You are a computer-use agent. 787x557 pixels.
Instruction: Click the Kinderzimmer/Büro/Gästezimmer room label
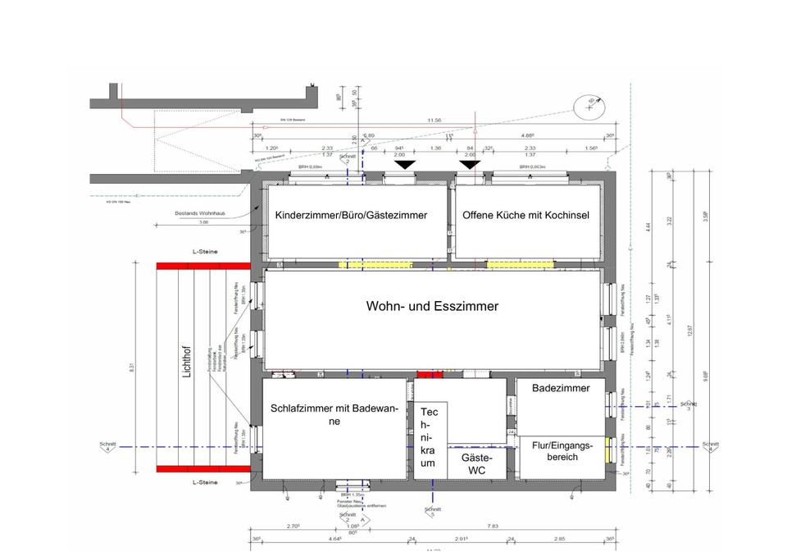coord(351,216)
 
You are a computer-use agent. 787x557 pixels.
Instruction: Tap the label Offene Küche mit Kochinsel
coord(526,216)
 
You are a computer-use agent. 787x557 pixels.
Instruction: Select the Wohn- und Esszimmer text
coord(432,306)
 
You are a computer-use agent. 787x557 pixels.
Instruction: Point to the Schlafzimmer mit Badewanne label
coord(334,414)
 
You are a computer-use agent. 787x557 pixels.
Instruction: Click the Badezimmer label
coord(561,388)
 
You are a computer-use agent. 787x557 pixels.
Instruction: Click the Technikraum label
coord(429,436)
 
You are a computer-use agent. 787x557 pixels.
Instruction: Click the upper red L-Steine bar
coord(202,265)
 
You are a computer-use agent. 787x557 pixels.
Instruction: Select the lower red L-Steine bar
coord(202,469)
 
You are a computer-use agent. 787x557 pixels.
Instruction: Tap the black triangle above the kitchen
coord(470,166)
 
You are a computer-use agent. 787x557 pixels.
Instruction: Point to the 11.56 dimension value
coord(434,121)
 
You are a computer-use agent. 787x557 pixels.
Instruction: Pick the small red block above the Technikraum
coord(429,374)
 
